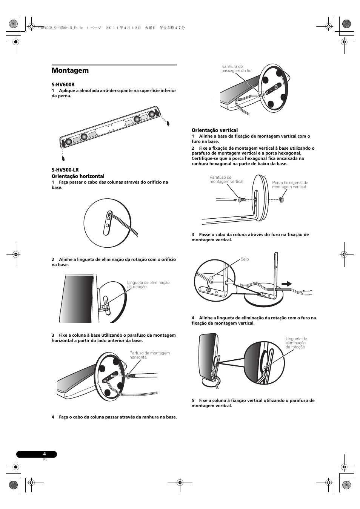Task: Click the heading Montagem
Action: [x=70, y=71]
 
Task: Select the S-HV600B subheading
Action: [x=63, y=85]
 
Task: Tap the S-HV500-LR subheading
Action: [x=65, y=170]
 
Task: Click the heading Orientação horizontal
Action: [x=78, y=176]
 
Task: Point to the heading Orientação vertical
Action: [x=214, y=130]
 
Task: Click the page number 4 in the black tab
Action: [x=45, y=454]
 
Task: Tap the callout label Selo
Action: [x=245, y=259]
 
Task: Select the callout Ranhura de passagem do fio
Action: [x=236, y=69]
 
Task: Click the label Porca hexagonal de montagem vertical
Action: [x=290, y=185]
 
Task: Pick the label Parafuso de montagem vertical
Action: [x=226, y=179]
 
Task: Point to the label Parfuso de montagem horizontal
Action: [x=149, y=355]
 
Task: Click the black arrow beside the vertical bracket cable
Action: [x=287, y=284]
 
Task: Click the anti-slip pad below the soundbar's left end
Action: [x=63, y=158]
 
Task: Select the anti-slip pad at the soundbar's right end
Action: [x=168, y=123]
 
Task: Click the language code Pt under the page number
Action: [x=45, y=460]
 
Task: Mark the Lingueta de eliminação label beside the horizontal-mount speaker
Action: [x=148, y=285]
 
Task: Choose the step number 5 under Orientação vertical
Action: [x=193, y=400]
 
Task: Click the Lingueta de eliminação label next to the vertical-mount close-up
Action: [x=296, y=343]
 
